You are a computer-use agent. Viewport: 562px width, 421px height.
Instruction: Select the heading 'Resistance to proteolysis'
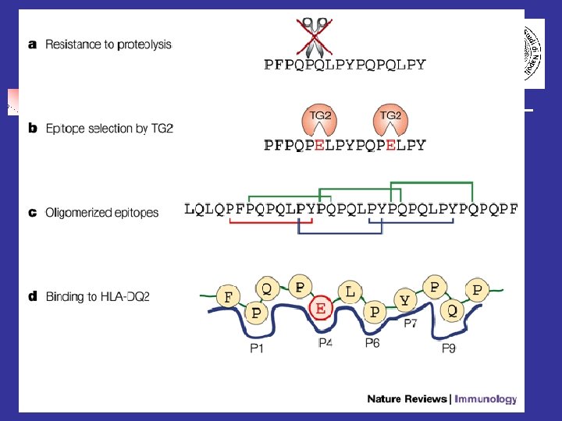point(108,44)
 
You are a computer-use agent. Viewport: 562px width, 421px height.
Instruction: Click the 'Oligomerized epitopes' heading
point(102,212)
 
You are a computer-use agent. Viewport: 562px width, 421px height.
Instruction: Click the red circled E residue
point(321,310)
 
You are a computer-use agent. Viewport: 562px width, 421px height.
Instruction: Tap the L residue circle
point(350,292)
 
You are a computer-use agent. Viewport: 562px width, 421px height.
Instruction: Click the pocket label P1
point(257,348)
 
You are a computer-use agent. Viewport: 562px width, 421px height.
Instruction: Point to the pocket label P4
point(325,342)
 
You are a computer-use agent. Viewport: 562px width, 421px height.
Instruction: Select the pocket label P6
point(372,342)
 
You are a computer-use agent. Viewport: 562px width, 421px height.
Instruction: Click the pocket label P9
point(448,348)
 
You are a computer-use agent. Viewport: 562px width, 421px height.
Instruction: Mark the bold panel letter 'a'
point(32,44)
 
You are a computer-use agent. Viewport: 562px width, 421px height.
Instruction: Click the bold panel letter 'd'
point(32,296)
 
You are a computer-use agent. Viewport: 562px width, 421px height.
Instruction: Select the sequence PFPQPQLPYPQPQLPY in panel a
point(345,65)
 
